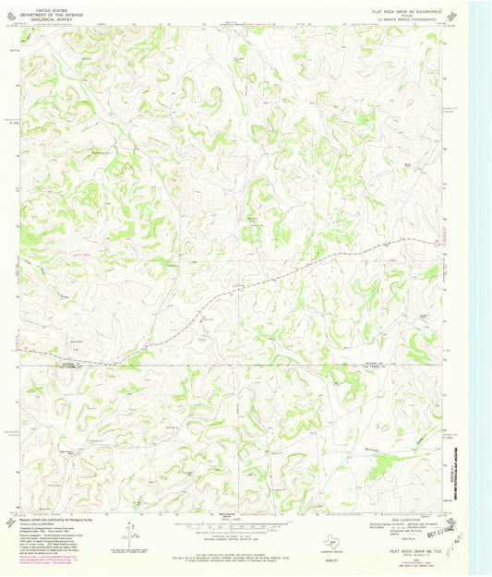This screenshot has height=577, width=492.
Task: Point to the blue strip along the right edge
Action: click(479, 277)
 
